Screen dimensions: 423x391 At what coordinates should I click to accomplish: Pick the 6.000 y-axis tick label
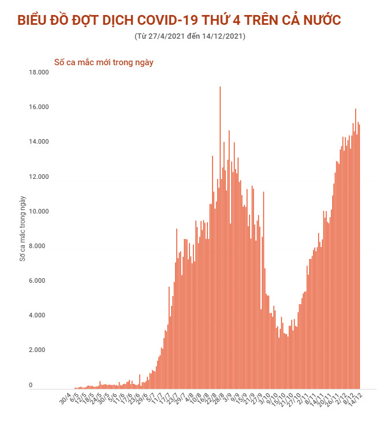pyautogui.click(x=39, y=281)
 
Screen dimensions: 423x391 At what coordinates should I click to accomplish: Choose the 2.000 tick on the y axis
pyautogui.click(x=39, y=350)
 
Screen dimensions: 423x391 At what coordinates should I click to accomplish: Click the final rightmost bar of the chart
pyautogui.click(x=360, y=260)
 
